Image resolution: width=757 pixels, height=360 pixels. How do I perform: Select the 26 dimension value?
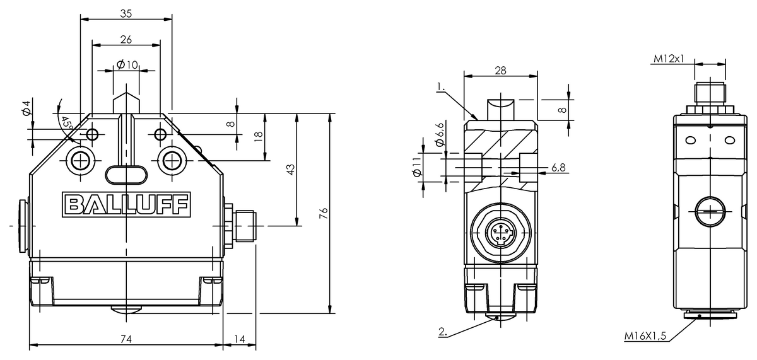(126, 39)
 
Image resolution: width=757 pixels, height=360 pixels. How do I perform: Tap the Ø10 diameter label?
(127, 66)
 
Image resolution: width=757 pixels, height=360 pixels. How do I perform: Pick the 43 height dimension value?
(290, 170)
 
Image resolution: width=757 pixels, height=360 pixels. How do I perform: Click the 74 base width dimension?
(126, 339)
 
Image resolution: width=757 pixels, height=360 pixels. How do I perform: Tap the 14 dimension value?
(240, 339)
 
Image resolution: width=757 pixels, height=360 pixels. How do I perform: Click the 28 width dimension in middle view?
(500, 70)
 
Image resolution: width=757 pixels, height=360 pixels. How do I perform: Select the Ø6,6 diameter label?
(440, 135)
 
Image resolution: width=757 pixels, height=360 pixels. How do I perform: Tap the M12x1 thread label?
(668, 59)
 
